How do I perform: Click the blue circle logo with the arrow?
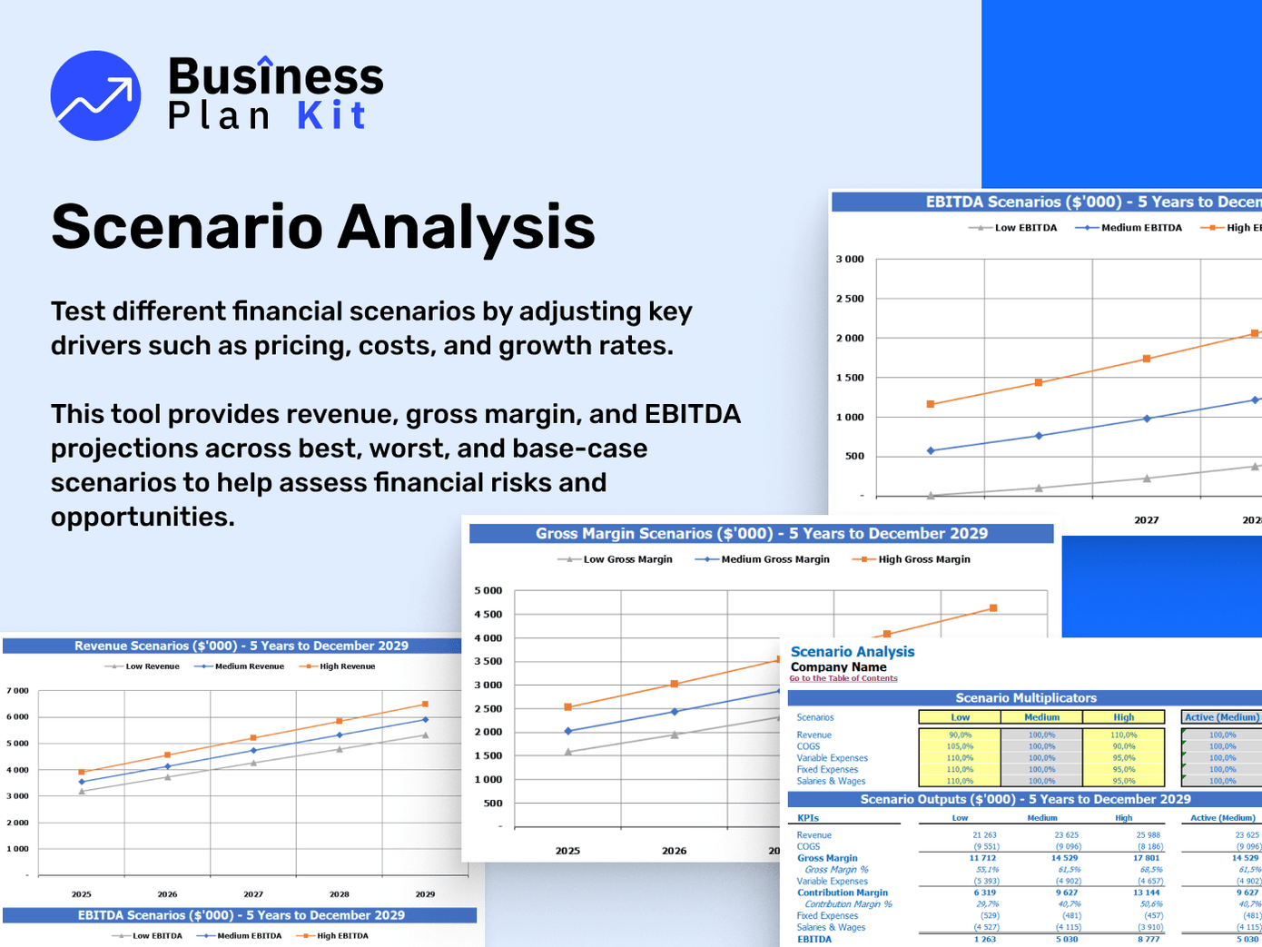click(95, 95)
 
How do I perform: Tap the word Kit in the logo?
click(331, 116)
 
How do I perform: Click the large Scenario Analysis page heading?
click(323, 226)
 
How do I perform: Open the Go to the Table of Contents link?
click(843, 678)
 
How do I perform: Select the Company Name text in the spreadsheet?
click(838, 666)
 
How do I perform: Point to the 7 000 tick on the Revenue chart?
click(18, 691)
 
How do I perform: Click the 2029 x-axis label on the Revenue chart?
click(425, 894)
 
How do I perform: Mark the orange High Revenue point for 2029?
click(425, 704)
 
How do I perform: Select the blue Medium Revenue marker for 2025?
click(82, 782)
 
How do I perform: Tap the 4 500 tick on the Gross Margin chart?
click(488, 615)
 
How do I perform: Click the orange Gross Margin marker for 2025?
click(568, 707)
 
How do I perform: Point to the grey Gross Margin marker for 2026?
click(675, 735)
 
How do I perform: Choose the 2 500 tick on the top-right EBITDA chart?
click(850, 299)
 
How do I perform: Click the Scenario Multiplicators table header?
click(1026, 698)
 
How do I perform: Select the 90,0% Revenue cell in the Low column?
click(960, 735)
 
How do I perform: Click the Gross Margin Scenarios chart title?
click(761, 534)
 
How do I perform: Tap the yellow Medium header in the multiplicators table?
click(1041, 717)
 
